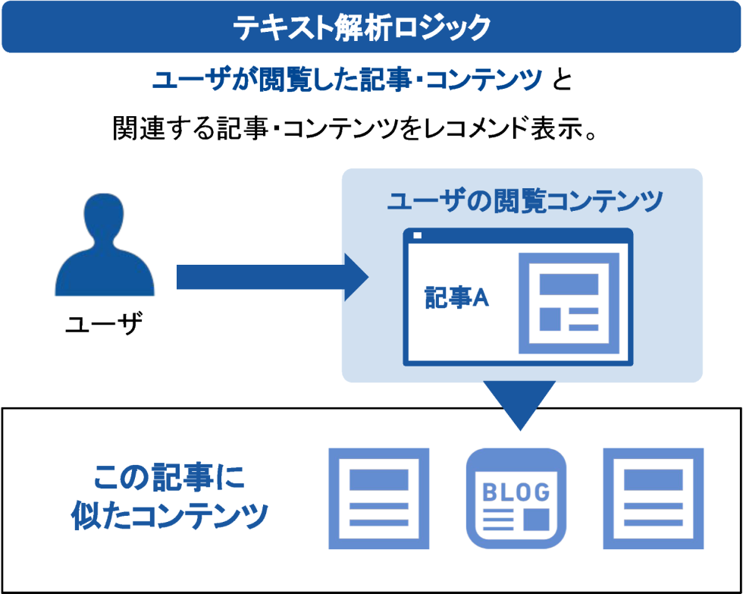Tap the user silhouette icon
pos(105,244)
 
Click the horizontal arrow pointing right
pos(272,278)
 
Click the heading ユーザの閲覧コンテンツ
pos(525,203)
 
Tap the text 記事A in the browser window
pos(456,298)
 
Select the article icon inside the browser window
pos(569,303)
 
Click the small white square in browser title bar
pos(418,235)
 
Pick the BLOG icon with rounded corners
pos(516,498)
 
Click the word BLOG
pos(516,492)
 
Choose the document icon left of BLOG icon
pos(379,498)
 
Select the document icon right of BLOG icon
pos(654,498)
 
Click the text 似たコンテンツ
pos(169,516)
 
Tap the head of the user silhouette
pos(104,219)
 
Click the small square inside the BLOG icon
pos(537,520)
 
